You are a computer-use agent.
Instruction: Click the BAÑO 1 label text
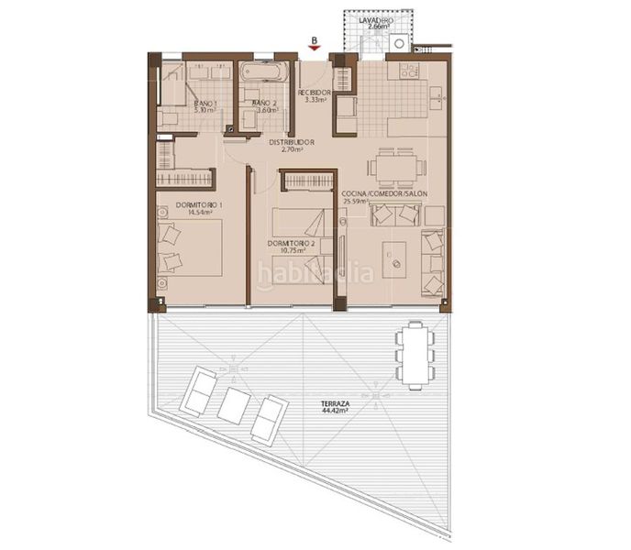click(x=205, y=105)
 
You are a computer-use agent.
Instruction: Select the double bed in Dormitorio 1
click(x=191, y=246)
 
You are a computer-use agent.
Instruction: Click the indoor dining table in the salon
click(x=396, y=167)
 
